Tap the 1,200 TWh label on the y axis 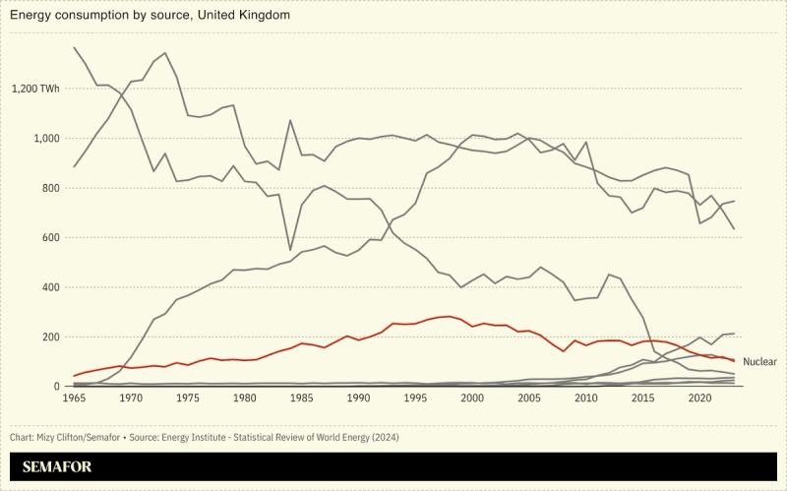[x=35, y=89]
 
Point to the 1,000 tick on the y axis [x=46, y=139]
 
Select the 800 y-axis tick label [x=50, y=188]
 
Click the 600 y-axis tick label [x=50, y=238]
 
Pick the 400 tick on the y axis [x=50, y=287]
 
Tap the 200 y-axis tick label [x=50, y=338]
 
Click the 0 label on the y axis [x=56, y=387]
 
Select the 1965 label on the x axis [x=74, y=399]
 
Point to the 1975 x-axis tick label [x=188, y=399]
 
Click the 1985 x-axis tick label [x=302, y=399]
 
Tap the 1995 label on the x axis [x=416, y=399]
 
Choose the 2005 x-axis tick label [x=530, y=399]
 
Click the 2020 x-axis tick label [x=700, y=399]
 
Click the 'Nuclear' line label [x=758, y=362]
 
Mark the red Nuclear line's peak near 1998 [x=449, y=316]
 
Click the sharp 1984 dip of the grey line [x=290, y=250]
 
